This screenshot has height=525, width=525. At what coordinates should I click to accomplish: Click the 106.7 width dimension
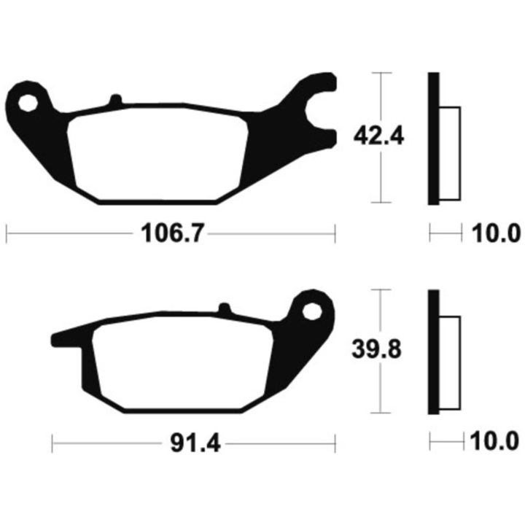click(x=172, y=233)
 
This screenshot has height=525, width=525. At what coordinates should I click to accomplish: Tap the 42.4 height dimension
click(x=378, y=136)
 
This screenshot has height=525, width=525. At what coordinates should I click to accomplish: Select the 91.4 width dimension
click(x=195, y=443)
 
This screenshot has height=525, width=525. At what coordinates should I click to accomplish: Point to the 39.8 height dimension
click(x=377, y=350)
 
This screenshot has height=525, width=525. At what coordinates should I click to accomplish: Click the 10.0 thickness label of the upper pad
click(x=497, y=233)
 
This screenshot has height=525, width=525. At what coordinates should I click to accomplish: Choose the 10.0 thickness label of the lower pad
click(x=494, y=441)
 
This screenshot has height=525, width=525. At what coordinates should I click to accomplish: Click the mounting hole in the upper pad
click(x=28, y=103)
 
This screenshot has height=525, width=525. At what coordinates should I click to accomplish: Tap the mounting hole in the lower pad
click(x=312, y=312)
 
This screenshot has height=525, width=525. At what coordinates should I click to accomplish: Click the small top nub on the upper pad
click(x=116, y=99)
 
